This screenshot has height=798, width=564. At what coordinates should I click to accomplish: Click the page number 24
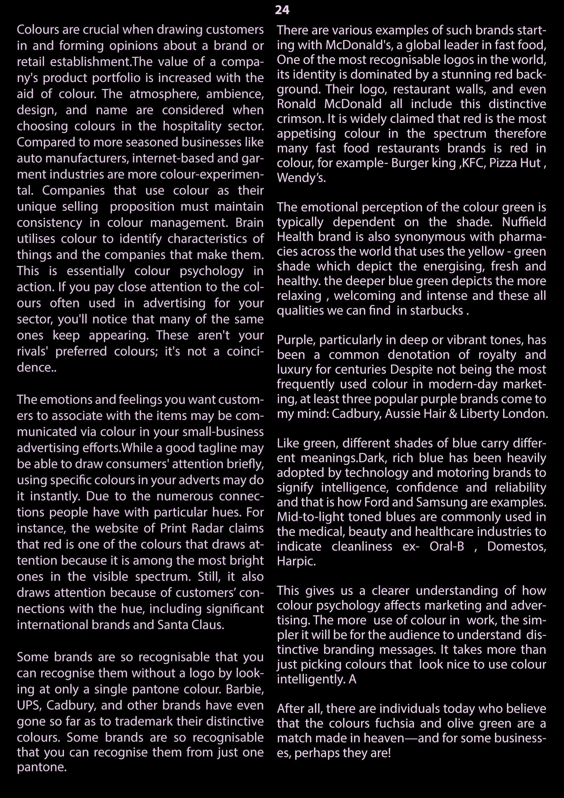point(282,10)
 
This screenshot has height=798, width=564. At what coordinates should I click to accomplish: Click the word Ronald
point(296,104)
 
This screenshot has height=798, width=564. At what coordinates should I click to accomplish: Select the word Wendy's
point(301,178)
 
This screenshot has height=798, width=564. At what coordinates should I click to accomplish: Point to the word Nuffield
point(524,222)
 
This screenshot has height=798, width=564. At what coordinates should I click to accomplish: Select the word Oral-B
point(447,546)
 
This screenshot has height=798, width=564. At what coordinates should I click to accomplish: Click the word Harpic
point(296,561)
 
